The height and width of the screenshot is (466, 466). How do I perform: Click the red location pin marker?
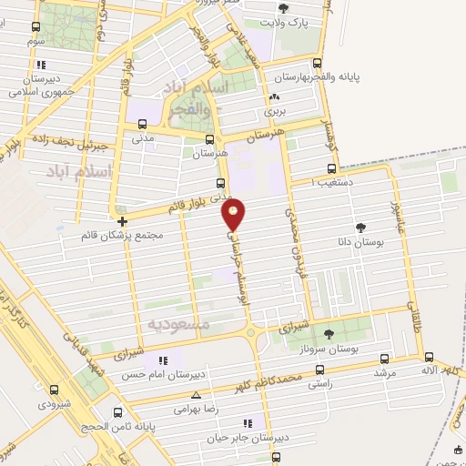pyautogui.click(x=235, y=215)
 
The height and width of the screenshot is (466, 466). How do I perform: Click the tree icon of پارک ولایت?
pyautogui.click(x=285, y=8)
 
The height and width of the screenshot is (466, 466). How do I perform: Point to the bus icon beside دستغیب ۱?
pyautogui.click(x=330, y=167)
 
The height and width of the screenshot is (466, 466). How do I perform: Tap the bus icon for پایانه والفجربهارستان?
pyautogui.click(x=317, y=64)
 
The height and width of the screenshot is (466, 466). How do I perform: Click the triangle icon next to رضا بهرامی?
pyautogui.click(x=198, y=395)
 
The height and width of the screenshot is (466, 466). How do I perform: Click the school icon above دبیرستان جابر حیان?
pyautogui.click(x=247, y=422)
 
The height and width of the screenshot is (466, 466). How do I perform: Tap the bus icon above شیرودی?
pyautogui.click(x=55, y=390)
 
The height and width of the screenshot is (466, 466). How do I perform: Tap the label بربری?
pyautogui.click(x=275, y=110)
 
